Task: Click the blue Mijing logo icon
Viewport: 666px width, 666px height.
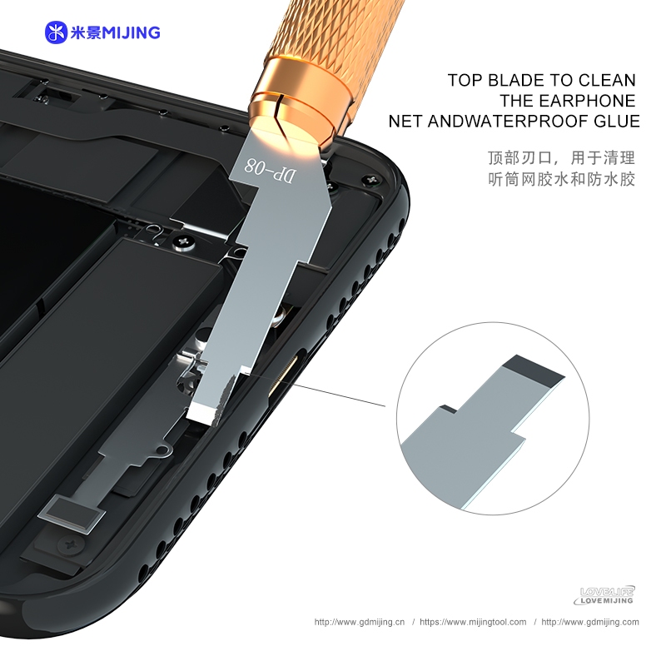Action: click(56, 32)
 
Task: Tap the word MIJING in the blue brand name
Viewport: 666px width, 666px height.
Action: click(132, 32)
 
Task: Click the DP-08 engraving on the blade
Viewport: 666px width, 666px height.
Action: click(269, 171)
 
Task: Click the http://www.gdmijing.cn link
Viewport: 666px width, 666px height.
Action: click(360, 622)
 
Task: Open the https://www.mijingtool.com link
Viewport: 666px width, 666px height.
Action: click(473, 622)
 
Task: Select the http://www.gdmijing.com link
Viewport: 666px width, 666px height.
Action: click(590, 622)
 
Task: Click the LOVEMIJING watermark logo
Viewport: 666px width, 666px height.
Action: click(604, 595)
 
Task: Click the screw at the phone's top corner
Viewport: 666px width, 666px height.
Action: click(370, 180)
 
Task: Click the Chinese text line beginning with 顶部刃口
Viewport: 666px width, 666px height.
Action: click(560, 158)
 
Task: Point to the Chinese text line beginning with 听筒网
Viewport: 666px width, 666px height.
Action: click(560, 179)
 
